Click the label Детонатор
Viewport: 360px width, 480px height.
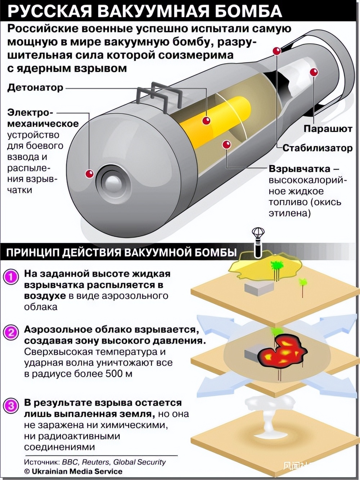coord(35,88)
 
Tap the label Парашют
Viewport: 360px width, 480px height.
coord(328,129)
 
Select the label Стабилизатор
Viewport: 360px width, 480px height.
coord(317,148)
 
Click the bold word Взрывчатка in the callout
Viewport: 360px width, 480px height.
coord(300,169)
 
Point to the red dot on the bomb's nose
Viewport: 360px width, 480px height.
coord(89,174)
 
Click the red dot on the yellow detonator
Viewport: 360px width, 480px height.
coord(206,121)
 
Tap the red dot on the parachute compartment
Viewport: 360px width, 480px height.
coord(314,72)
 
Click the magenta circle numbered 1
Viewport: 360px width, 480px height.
coord(11,277)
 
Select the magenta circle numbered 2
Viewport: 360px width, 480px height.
coord(11,332)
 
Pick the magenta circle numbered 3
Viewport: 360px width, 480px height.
coord(11,406)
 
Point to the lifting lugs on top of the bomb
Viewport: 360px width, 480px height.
coord(158,94)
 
